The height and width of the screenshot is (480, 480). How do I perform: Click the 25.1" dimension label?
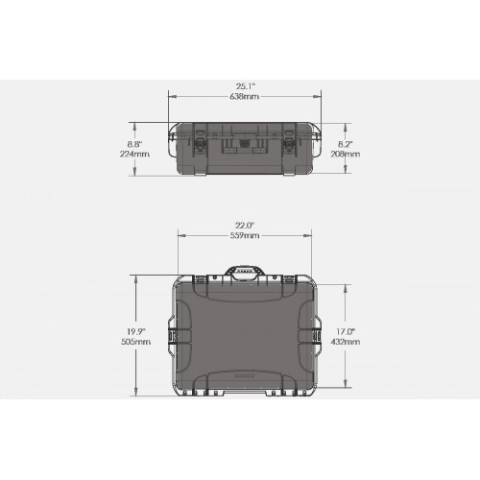[246, 86]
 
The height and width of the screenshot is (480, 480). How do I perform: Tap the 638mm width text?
[245, 96]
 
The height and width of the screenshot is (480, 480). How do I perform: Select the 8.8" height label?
[134, 144]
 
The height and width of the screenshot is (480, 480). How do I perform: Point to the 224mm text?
[134, 154]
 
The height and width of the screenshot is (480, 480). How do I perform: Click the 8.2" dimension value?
[346, 144]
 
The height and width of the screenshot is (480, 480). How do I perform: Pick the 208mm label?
[346, 154]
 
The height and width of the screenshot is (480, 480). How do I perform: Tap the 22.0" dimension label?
[245, 226]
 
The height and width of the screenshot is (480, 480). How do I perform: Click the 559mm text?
[245, 236]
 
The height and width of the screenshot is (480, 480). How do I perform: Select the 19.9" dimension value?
[135, 331]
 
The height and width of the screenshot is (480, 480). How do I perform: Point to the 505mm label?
[135, 342]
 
